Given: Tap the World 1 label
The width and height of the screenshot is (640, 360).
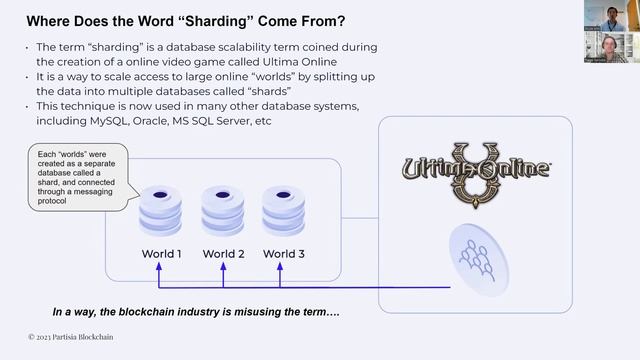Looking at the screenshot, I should point(162,254).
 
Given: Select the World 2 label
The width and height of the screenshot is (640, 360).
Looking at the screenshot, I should point(224,254).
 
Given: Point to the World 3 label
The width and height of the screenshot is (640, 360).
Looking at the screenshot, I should point(284,254).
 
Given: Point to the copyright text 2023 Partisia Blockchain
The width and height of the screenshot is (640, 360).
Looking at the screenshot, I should point(70,337).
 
